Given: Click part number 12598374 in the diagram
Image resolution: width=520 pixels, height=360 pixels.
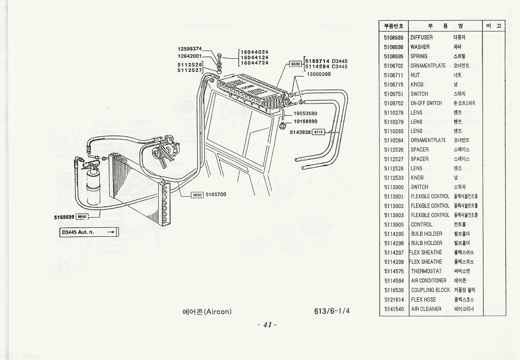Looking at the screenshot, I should tap(190, 49).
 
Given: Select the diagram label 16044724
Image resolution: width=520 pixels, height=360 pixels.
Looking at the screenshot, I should tap(254, 63).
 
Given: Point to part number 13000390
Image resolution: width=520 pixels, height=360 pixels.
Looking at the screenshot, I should tap(319, 74).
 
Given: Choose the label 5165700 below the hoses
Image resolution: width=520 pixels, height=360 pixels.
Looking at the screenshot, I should tap(216, 195).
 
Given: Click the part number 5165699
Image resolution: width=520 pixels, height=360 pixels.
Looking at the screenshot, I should tap(64, 217).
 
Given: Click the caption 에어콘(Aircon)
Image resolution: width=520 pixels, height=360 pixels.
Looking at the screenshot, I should tap(206, 311).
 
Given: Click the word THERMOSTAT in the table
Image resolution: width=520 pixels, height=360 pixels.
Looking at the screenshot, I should tap(426, 271).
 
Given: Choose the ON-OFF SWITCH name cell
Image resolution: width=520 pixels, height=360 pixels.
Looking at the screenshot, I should tap(426, 103).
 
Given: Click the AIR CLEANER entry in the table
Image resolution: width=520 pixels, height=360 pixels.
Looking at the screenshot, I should tap(426, 309).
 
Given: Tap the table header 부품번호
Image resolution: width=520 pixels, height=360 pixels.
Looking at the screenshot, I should tap(393, 26).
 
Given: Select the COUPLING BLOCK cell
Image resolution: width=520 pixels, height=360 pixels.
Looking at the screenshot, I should tap(430, 290).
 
